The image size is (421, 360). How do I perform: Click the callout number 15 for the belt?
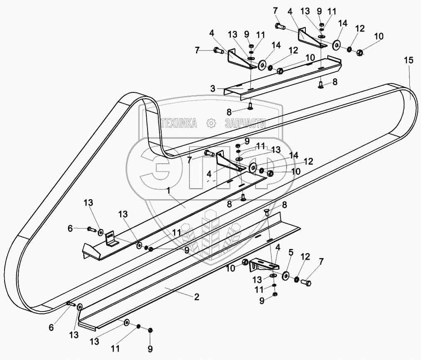409,60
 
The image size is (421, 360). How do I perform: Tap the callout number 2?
197,297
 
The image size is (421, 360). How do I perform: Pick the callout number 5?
291,252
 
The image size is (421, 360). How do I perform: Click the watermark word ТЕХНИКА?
179,123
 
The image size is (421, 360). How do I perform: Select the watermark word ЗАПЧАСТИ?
244,123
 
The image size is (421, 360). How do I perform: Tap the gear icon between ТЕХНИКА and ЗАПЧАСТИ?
211,123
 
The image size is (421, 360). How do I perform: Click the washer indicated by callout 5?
286,276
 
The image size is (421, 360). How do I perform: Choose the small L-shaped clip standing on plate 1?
111,239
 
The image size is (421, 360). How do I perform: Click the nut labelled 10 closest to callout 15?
360,52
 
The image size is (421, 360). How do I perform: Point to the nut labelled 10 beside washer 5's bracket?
246,262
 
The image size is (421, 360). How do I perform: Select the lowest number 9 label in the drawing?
150,349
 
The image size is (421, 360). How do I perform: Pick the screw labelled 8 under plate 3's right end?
322,85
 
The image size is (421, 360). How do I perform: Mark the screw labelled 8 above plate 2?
266,213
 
